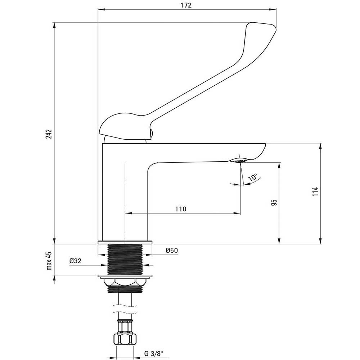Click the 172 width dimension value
186,5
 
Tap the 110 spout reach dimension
181,209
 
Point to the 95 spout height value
274,202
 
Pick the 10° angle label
253,177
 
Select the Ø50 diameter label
172,250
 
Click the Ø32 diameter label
75,261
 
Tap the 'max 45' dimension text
49,261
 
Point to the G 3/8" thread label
154,354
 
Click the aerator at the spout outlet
239,160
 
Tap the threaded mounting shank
125,260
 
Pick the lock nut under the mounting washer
125,282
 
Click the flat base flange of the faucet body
125,242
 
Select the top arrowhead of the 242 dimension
54,25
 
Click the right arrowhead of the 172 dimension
273,9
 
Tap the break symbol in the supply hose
125,309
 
